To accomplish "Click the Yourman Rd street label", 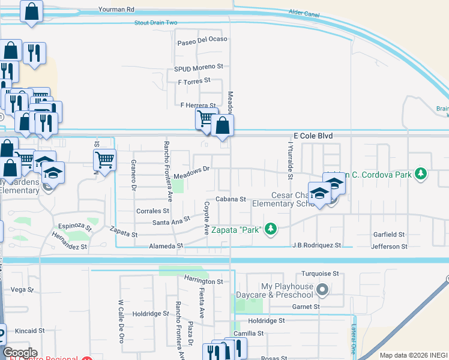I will [x=118, y=10].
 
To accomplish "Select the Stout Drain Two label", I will [x=156, y=23].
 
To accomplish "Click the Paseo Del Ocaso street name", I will [x=202, y=40].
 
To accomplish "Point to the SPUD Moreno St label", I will [x=199, y=67].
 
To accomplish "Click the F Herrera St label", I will [x=198, y=105].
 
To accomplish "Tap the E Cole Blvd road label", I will [x=313, y=136].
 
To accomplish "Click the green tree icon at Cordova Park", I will [x=421, y=174].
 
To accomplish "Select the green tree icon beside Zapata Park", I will [x=271, y=228].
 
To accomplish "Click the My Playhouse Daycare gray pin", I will [x=322, y=290].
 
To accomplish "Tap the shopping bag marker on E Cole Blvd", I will [x=222, y=126].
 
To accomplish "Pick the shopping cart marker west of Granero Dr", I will [x=104, y=160].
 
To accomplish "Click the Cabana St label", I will [x=231, y=199].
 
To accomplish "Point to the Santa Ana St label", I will [x=171, y=221].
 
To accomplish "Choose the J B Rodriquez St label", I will [x=316, y=245].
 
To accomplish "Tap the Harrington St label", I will [x=203, y=281].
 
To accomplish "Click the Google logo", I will [x=20, y=353].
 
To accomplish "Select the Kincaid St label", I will [x=30, y=331].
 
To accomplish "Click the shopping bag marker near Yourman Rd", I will [x=31, y=11].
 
